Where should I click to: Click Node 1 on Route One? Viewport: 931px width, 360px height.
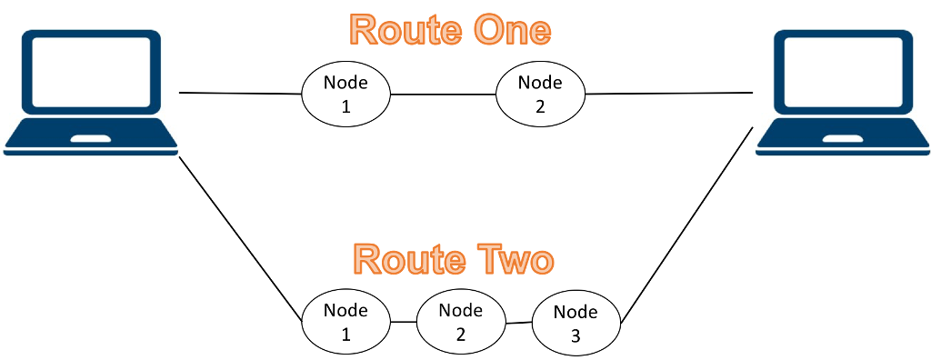(x=345, y=94)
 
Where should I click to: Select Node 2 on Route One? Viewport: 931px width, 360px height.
(x=540, y=94)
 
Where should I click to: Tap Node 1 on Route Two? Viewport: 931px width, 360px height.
(x=345, y=322)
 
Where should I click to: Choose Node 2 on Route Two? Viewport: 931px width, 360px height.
(x=461, y=322)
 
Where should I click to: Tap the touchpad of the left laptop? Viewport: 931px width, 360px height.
(x=92, y=139)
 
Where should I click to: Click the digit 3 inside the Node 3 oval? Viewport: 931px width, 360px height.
(x=576, y=336)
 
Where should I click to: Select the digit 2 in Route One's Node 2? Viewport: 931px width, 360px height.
(x=540, y=106)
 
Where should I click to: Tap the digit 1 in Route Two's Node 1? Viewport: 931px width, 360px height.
(x=345, y=335)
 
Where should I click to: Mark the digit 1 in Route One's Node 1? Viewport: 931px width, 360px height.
(x=345, y=106)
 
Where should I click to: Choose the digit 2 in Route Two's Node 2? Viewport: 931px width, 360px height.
(x=461, y=334)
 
